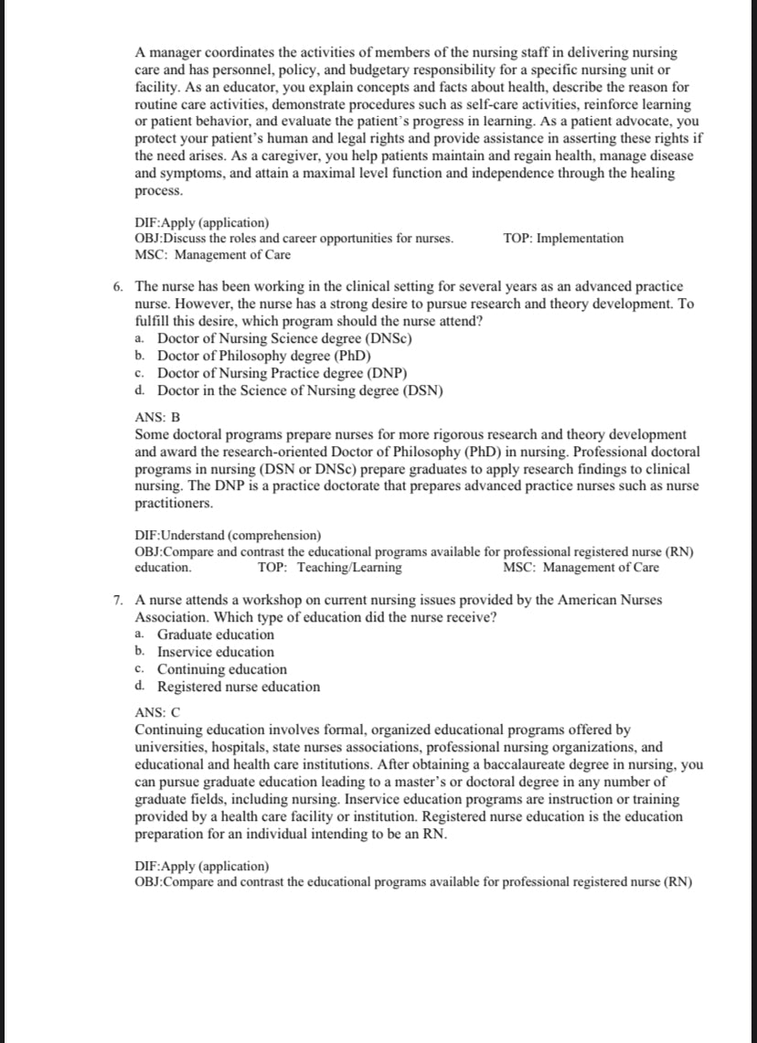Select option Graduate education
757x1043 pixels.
215,634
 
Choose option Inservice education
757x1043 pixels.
215,652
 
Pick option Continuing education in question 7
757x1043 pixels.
221,669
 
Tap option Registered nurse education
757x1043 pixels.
239,686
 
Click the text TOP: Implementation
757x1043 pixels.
563,239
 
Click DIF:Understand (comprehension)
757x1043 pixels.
228,535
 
